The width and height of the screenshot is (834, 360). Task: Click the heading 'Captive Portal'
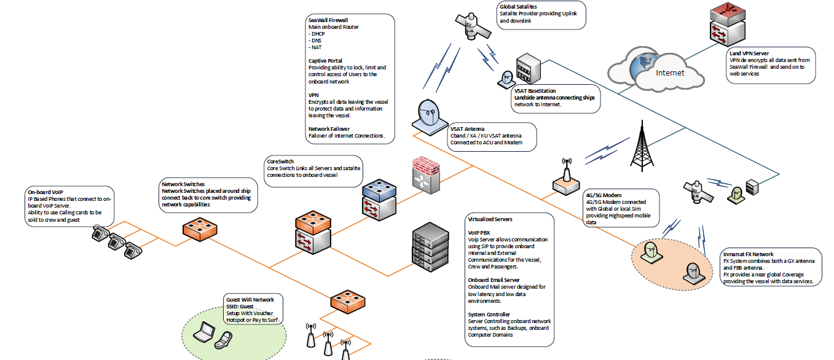click(x=325, y=61)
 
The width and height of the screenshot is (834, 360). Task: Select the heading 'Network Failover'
click(x=329, y=129)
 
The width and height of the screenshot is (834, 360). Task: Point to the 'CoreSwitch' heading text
click(x=280, y=161)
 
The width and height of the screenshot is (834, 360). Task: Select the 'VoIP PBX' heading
click(x=479, y=233)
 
